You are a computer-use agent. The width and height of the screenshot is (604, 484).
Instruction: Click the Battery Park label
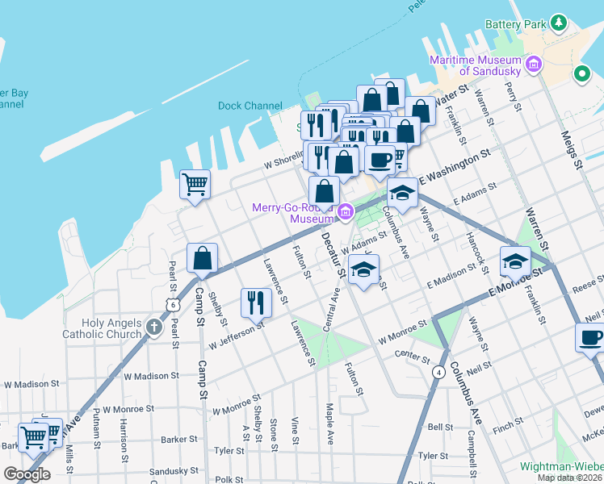pos(516,24)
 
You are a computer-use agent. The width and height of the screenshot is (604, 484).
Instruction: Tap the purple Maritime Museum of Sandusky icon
pos(533,64)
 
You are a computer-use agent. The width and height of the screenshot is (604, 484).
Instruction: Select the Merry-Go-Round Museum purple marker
pos(346,212)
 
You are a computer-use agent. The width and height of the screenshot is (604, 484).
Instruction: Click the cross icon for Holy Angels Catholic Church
pos(155,328)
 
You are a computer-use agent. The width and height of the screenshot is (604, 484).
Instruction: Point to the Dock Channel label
pos(250,106)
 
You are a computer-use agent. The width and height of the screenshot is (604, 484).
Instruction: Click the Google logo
pos(27,474)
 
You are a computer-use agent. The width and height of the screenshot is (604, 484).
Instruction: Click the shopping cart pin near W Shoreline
pos(195,185)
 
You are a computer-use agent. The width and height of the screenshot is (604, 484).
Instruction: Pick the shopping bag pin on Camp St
pos(202,258)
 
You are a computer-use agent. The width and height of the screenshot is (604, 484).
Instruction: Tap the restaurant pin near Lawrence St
pos(256,303)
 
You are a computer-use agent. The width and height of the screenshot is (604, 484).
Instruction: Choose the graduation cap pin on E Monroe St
pos(515,261)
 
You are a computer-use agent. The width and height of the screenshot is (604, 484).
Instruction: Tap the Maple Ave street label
pos(329,424)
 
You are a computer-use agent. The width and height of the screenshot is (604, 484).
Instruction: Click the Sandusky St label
pos(174,470)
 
